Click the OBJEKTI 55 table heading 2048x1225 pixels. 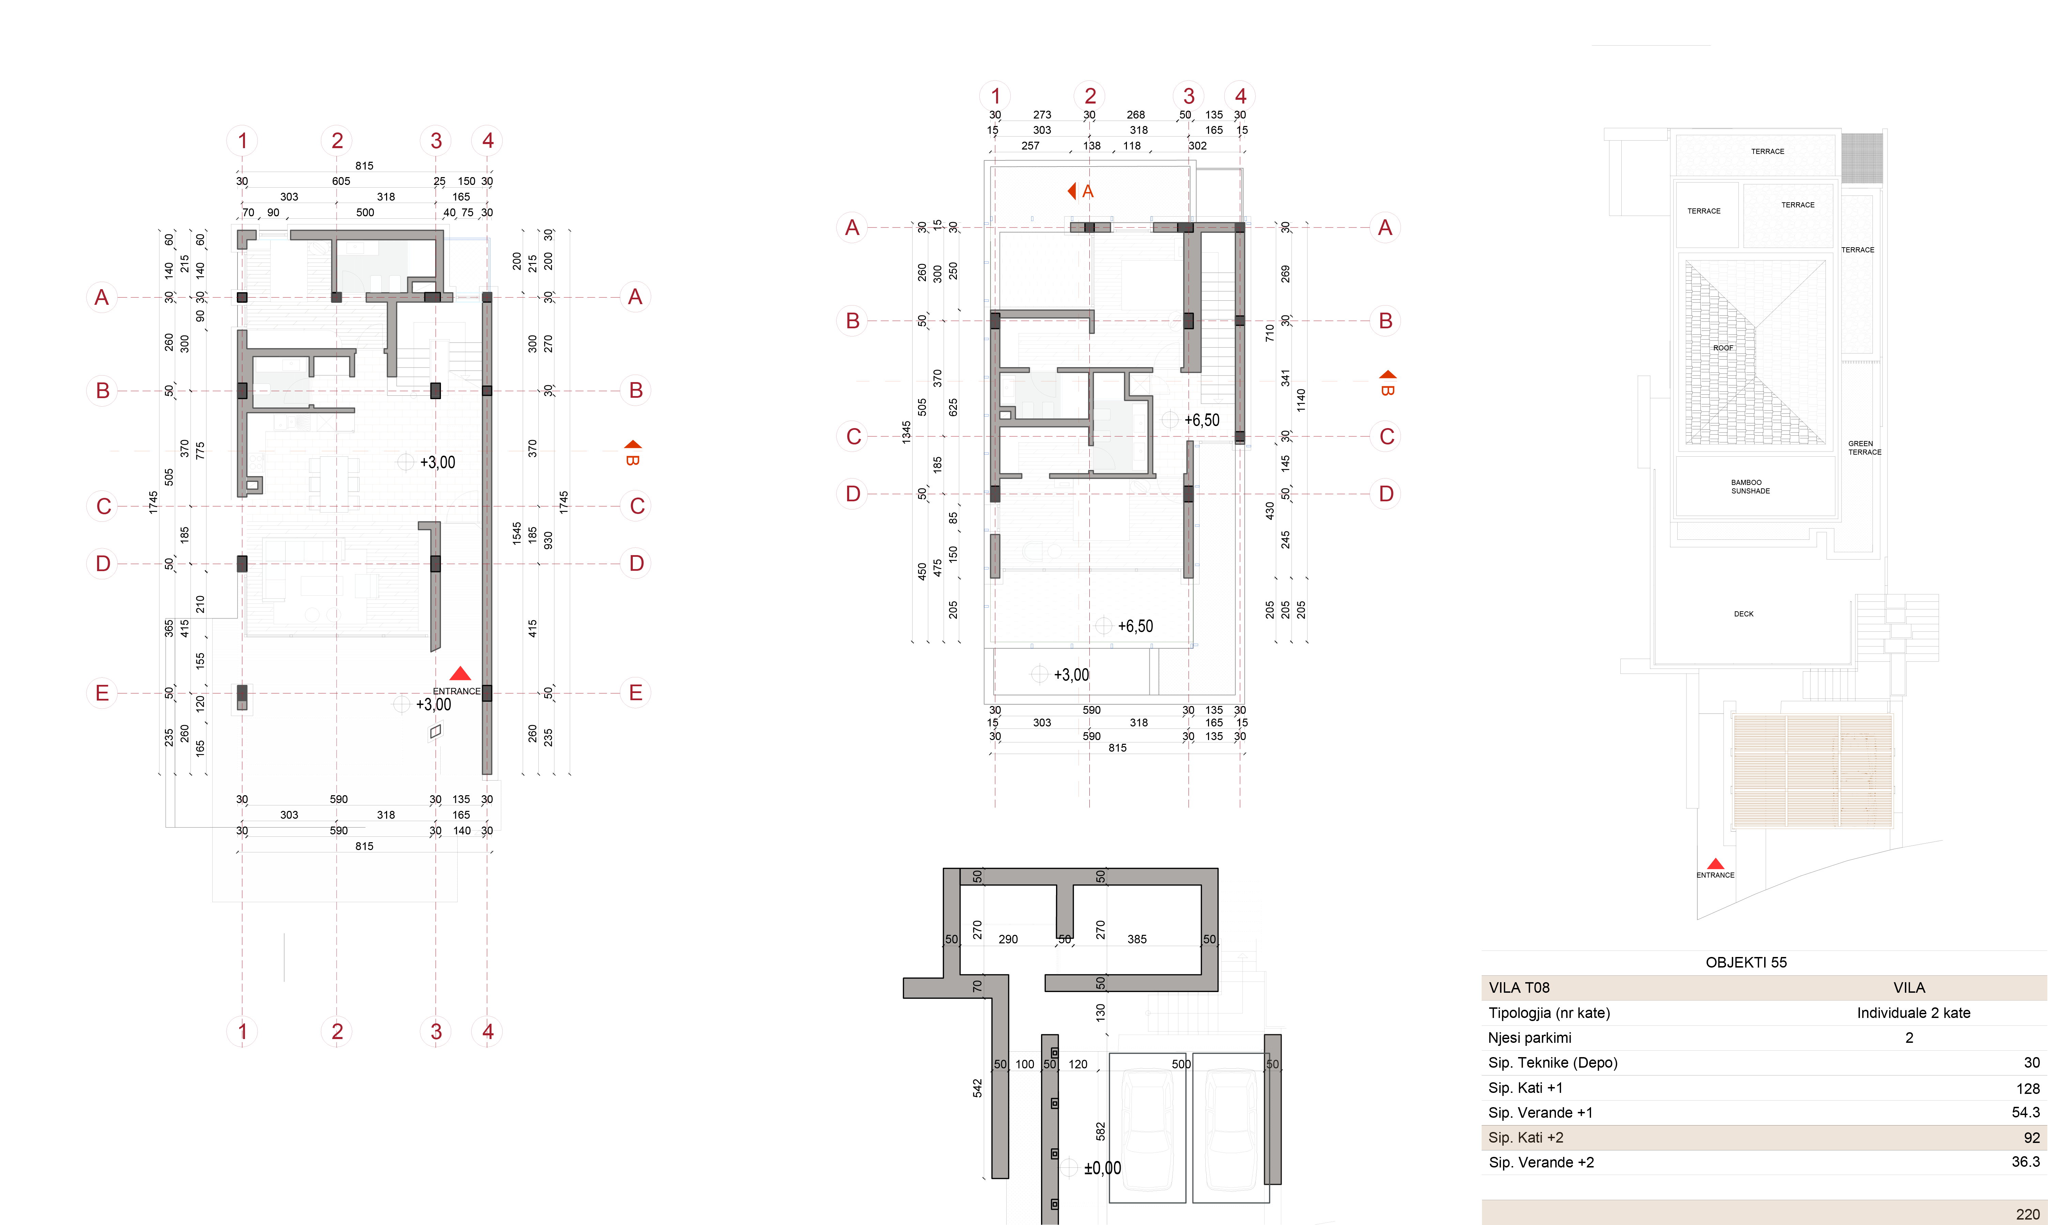click(x=1746, y=962)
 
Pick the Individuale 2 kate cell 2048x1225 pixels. click(x=1913, y=1013)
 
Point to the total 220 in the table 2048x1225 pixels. click(x=2027, y=1214)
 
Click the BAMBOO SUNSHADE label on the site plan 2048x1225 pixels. click(x=1750, y=487)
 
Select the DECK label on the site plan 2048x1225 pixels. click(x=1743, y=614)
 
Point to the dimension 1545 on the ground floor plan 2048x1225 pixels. click(x=516, y=532)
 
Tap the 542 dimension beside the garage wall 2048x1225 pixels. click(x=977, y=1088)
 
